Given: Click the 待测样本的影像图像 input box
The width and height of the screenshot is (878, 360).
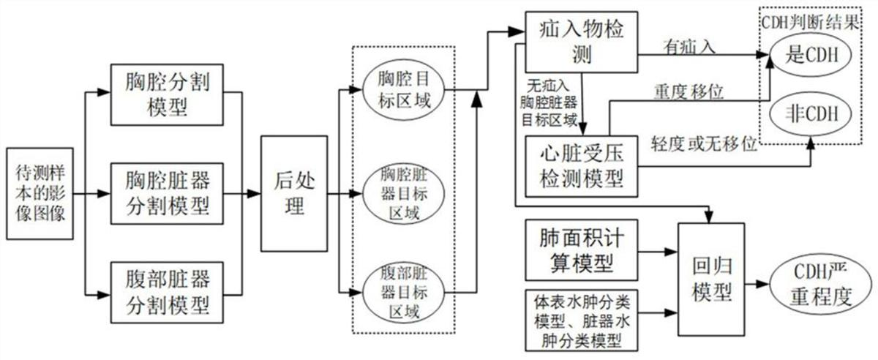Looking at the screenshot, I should [40, 195].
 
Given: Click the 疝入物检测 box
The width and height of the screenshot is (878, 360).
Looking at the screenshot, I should [581, 41].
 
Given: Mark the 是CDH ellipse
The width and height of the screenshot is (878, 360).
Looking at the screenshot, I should [811, 56].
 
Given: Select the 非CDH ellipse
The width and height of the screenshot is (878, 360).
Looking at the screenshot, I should [811, 115].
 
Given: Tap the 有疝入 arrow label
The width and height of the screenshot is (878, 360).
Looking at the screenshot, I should [688, 47].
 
